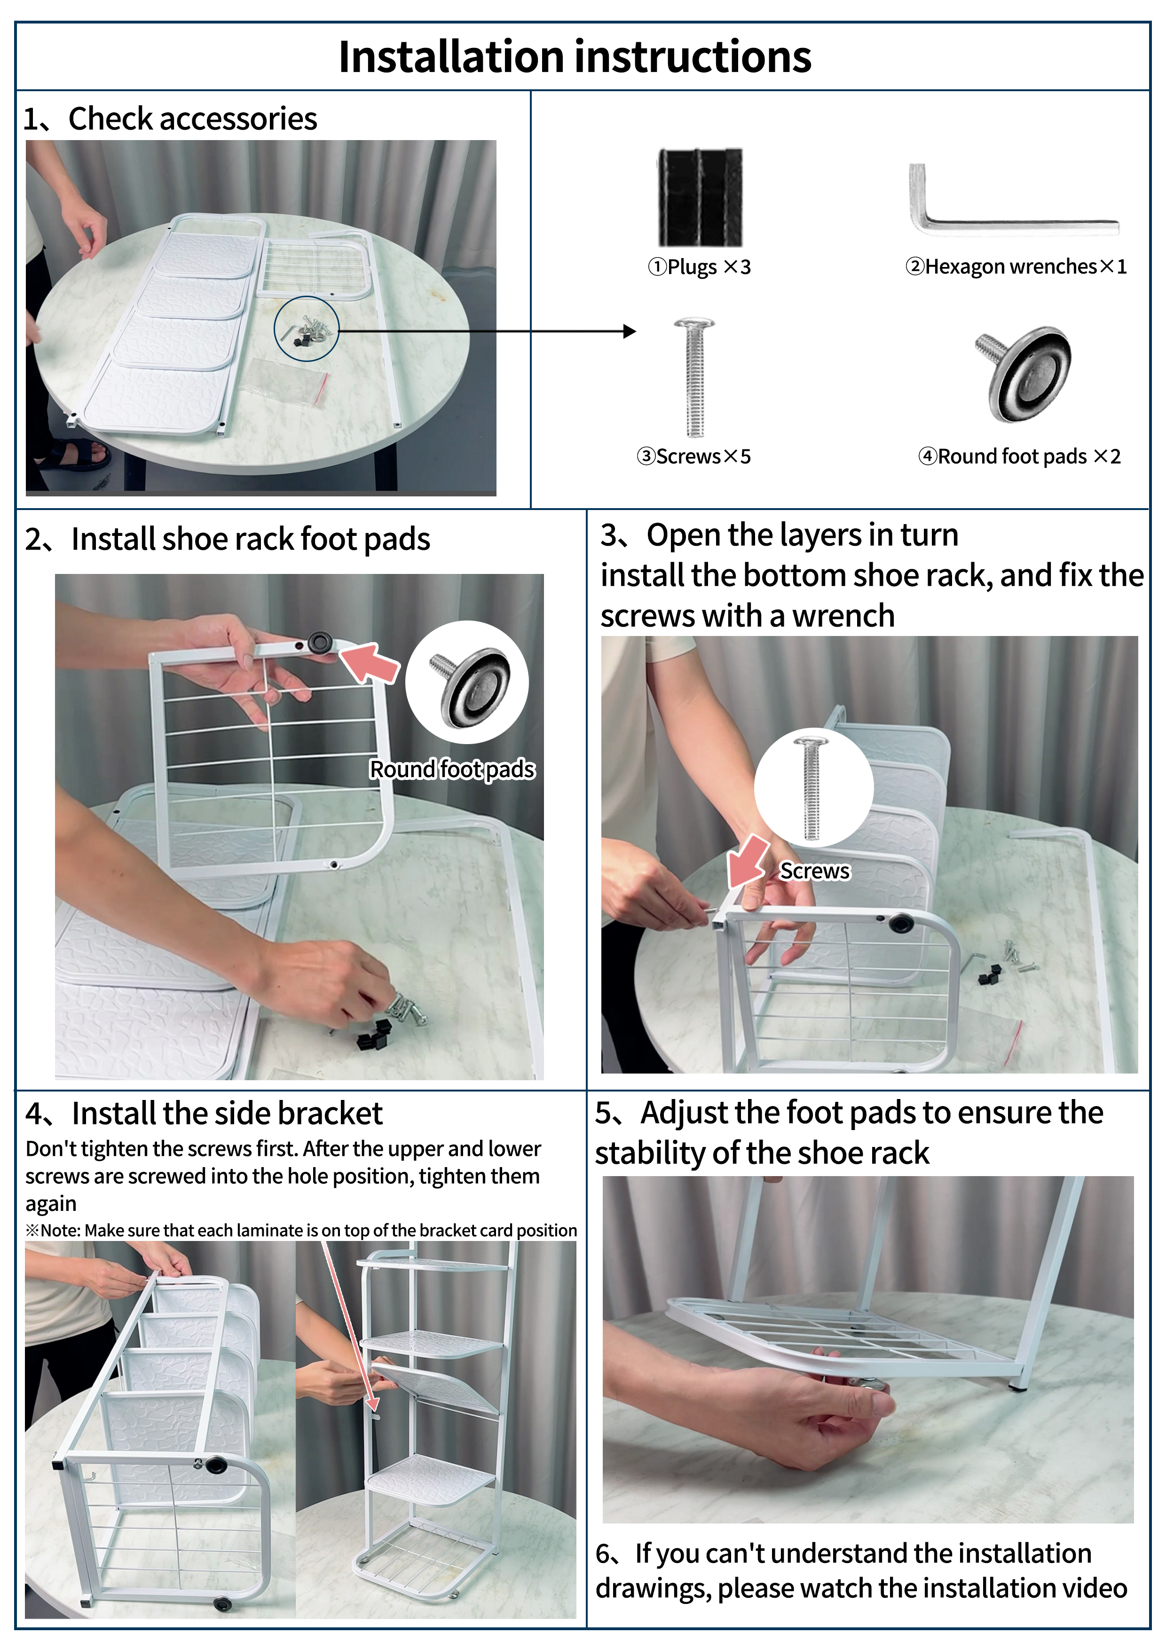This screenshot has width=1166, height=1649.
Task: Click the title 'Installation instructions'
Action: (575, 57)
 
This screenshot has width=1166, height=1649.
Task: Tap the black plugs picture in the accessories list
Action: (700, 197)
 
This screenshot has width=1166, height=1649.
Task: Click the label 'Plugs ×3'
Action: (699, 267)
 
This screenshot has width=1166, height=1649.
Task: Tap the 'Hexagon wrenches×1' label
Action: (1016, 267)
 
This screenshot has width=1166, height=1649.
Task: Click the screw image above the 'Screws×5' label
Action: (693, 377)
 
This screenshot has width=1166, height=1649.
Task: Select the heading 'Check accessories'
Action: (193, 118)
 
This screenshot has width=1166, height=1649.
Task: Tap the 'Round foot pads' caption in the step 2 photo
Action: (452, 769)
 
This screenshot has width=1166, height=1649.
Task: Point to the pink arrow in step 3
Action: (748, 860)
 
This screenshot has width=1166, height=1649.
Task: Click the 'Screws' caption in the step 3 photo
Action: (815, 871)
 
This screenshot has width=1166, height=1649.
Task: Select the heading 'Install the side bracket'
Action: (227, 1113)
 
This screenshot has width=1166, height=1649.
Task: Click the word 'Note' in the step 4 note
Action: (60, 1230)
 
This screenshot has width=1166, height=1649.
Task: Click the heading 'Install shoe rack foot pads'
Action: (251, 539)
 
